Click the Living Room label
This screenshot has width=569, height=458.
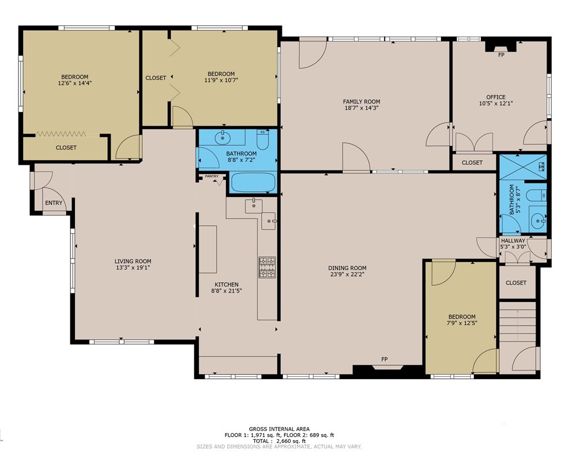(133, 261)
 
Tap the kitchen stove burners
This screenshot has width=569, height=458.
(267, 267)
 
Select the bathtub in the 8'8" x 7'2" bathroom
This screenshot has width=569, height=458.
(253, 182)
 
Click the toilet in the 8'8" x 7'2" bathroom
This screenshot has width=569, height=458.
(262, 139)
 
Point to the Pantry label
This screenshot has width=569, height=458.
(212, 176)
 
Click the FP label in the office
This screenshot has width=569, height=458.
(501, 55)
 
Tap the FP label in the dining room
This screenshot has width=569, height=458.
(385, 359)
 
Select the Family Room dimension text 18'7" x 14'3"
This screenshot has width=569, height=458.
(361, 108)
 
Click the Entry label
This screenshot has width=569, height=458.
(54, 203)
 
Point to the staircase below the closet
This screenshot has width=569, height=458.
(518, 322)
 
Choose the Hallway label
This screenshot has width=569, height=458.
(513, 241)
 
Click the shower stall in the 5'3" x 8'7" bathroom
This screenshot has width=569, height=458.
(523, 167)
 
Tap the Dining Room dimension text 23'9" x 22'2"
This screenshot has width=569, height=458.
(347, 274)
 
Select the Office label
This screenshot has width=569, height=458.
(496, 97)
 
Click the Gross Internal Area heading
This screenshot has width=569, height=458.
(279, 429)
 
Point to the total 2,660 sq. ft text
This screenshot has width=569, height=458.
(279, 441)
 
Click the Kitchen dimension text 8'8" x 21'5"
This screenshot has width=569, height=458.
(227, 291)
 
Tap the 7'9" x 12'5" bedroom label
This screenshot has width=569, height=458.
(462, 317)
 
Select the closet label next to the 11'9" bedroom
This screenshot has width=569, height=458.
(156, 78)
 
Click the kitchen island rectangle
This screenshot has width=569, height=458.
(208, 249)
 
